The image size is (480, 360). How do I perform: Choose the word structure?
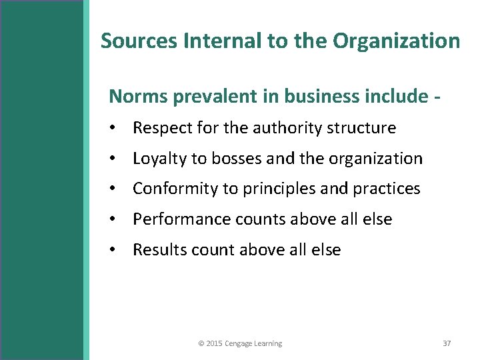pos(363,128)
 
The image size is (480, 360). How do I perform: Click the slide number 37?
pos(447,343)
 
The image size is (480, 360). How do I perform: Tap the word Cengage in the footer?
pos(239,344)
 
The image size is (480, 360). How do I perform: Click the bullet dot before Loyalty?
pos(115,159)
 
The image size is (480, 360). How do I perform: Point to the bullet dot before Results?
pos(115,250)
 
